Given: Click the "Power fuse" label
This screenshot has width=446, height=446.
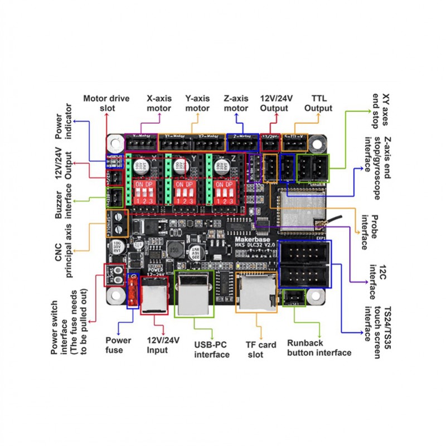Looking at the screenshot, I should [119, 345].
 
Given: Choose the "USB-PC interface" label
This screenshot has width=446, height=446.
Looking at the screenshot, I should [211, 350].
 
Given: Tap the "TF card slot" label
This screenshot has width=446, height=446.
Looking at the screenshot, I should [261, 350].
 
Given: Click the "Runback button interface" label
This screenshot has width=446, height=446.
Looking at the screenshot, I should [319, 347].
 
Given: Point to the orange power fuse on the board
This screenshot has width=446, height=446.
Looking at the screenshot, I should [133, 290].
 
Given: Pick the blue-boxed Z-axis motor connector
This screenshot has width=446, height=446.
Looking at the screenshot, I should [243, 144].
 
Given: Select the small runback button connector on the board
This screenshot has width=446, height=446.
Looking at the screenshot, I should [294, 298].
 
